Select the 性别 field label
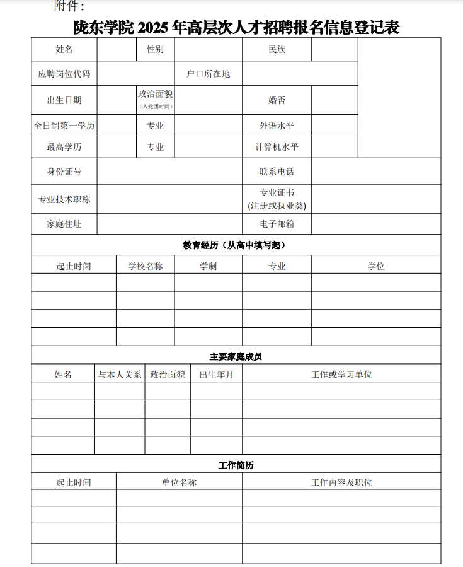[x=156, y=49]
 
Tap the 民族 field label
[x=277, y=49]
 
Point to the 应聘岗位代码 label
[x=64, y=74]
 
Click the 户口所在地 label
[x=209, y=74]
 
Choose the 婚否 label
[x=277, y=100]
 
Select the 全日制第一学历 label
[x=64, y=126]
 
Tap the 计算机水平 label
[x=277, y=147]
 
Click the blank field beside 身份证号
[x=169, y=172]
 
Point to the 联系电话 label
[x=277, y=172]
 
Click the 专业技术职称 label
[x=64, y=199]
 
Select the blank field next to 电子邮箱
[x=376, y=224]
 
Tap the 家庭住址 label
[x=64, y=224]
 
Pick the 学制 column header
[x=209, y=266]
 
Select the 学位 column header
[x=376, y=266]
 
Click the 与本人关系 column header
[x=120, y=375]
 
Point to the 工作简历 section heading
[x=236, y=465]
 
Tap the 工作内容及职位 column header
[x=341, y=482]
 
